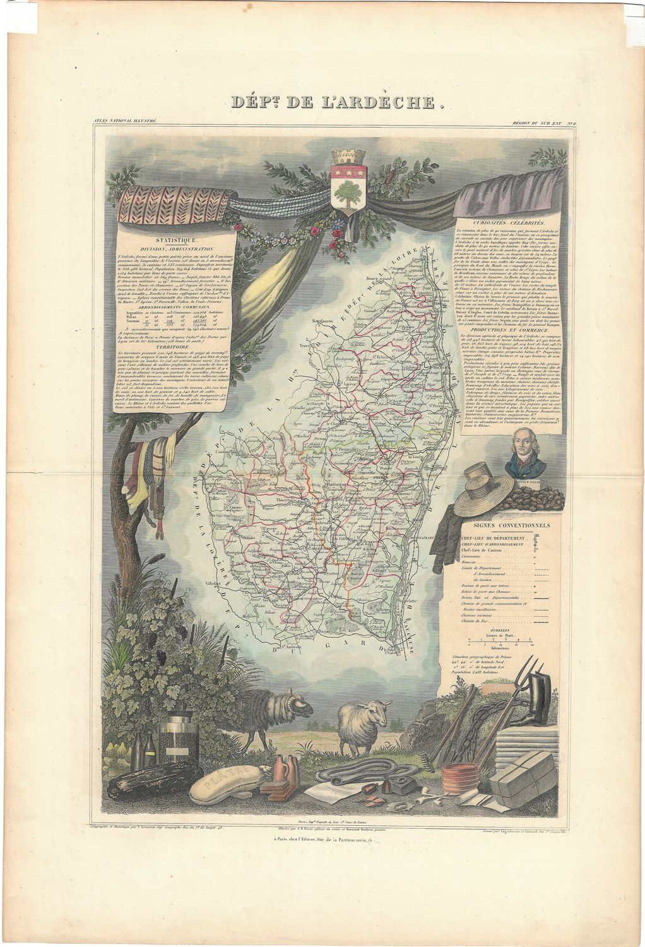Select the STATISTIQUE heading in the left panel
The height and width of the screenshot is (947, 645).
(179, 241)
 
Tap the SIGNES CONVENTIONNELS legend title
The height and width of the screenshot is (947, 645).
(506, 525)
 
